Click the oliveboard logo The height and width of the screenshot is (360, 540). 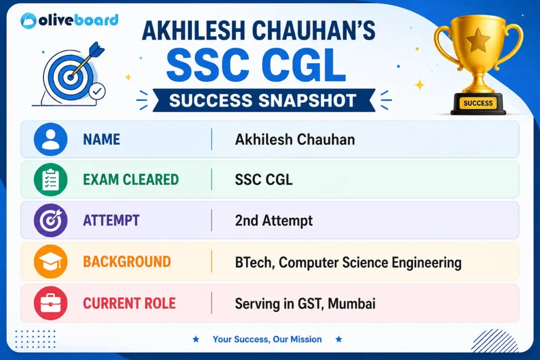click(x=69, y=21)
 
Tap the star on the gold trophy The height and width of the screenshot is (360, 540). click(x=478, y=40)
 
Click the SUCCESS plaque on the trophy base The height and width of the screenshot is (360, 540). click(x=478, y=103)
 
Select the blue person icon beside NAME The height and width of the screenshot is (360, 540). click(x=51, y=139)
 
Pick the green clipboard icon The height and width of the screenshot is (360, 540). click(x=51, y=179)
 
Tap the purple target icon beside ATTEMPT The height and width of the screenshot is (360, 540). click(x=51, y=220)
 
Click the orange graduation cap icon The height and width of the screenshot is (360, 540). click(x=51, y=261)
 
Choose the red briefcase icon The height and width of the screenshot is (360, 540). click(x=51, y=303)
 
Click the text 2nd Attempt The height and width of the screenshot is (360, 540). click(x=274, y=221)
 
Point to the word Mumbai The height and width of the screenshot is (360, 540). click(x=352, y=304)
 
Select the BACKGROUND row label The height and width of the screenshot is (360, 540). click(x=127, y=261)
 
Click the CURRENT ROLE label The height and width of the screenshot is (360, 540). click(x=130, y=303)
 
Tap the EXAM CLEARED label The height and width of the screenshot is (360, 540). click(x=131, y=180)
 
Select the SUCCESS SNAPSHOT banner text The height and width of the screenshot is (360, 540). click(x=263, y=101)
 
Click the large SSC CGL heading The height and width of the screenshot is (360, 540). click(x=256, y=65)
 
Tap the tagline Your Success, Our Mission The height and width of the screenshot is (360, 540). click(x=267, y=339)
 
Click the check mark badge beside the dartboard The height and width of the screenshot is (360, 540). click(x=97, y=91)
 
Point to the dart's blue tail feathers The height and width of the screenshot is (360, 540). click(x=96, y=50)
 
